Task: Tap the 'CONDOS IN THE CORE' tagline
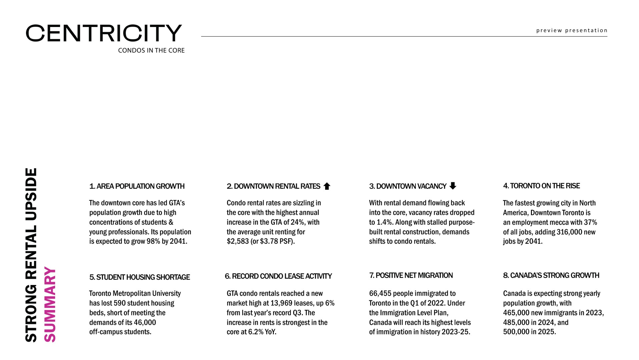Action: pos(151,50)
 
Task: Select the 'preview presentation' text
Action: pos(572,30)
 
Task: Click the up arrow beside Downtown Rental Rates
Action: pos(327,186)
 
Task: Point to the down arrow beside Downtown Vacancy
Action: pos(453,186)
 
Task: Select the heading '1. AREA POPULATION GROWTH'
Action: pos(137,186)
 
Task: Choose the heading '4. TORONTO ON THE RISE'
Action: pos(541,186)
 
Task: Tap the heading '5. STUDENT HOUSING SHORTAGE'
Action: pos(139,277)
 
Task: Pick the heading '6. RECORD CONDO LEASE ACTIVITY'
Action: pos(278,276)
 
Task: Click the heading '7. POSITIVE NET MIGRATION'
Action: pos(411,275)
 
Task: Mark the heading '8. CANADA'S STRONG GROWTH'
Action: pos(551,275)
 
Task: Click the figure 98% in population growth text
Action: pos(153,241)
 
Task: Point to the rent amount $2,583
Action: pos(238,241)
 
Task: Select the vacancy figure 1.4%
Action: pos(385,222)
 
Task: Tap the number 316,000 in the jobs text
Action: pos(569,232)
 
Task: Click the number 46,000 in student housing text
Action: pos(145,323)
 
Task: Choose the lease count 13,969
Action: pos(281,303)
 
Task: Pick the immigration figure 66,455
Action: pos(380,294)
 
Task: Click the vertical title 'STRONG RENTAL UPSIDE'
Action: pos(31,255)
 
